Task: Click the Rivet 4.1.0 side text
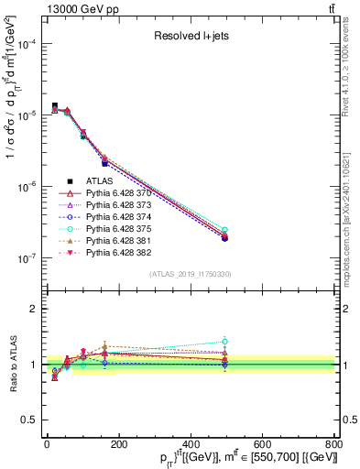tap(352, 87)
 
